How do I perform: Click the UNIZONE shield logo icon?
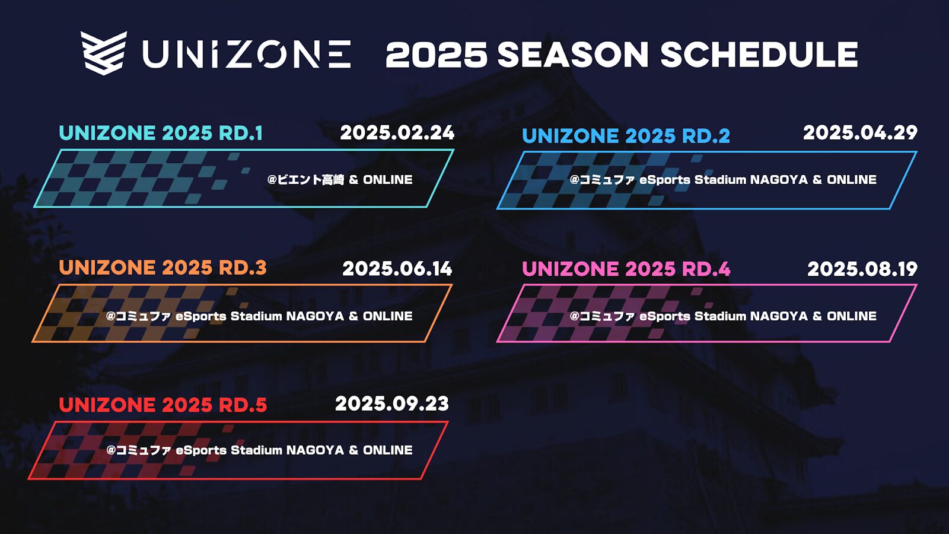click(104, 53)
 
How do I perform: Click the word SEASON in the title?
click(573, 55)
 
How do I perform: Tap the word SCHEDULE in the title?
click(759, 55)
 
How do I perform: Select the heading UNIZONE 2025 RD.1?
click(161, 133)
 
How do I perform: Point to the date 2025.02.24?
click(397, 133)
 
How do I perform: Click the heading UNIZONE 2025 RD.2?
click(626, 136)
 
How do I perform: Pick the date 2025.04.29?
click(861, 133)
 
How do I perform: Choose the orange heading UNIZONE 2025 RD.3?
click(163, 268)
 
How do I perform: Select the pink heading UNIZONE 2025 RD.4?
click(626, 269)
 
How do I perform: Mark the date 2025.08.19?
click(862, 269)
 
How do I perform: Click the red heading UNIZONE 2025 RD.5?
click(163, 405)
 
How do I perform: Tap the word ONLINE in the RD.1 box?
click(388, 180)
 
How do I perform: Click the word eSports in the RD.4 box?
click(665, 316)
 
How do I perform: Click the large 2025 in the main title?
click(437, 55)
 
